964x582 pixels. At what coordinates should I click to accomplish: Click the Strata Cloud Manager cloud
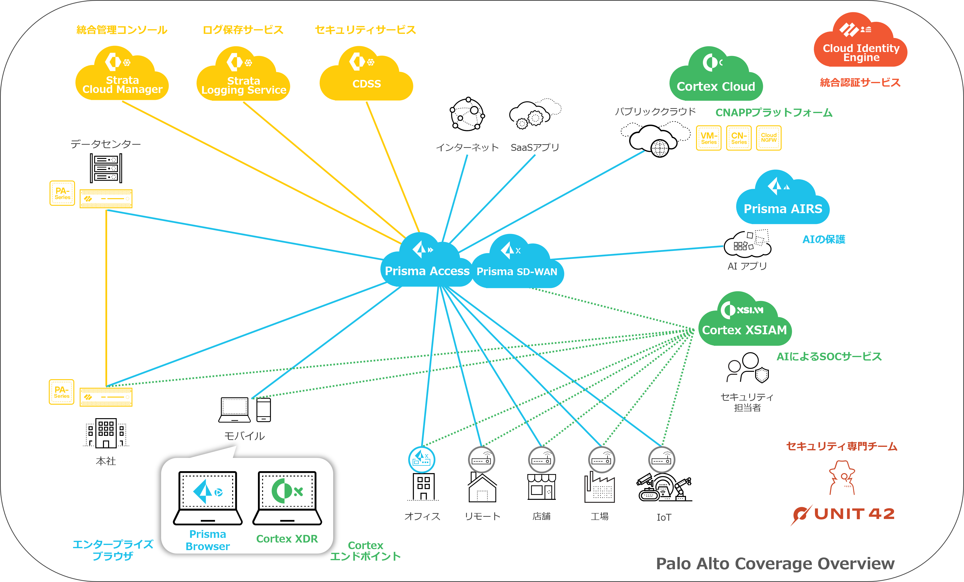[x=122, y=76]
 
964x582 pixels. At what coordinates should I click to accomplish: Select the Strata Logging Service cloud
[x=243, y=77]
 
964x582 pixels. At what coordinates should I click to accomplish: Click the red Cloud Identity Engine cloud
[x=861, y=45]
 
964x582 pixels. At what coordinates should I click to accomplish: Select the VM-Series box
[x=709, y=138]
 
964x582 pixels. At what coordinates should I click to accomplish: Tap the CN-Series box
[x=739, y=138]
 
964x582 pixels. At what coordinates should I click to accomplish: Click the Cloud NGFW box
[x=769, y=138]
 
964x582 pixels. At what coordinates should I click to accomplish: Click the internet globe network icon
[x=467, y=114]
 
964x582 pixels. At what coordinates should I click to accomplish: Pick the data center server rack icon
[x=106, y=168]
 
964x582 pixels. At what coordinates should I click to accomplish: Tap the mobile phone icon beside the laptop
[x=264, y=410]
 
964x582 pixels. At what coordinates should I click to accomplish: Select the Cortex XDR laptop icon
[x=287, y=498]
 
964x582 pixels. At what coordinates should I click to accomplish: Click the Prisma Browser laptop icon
[x=208, y=498]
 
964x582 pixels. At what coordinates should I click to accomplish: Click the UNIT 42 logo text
[x=854, y=514]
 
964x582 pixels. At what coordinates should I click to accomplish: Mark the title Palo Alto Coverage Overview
[x=775, y=564]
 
